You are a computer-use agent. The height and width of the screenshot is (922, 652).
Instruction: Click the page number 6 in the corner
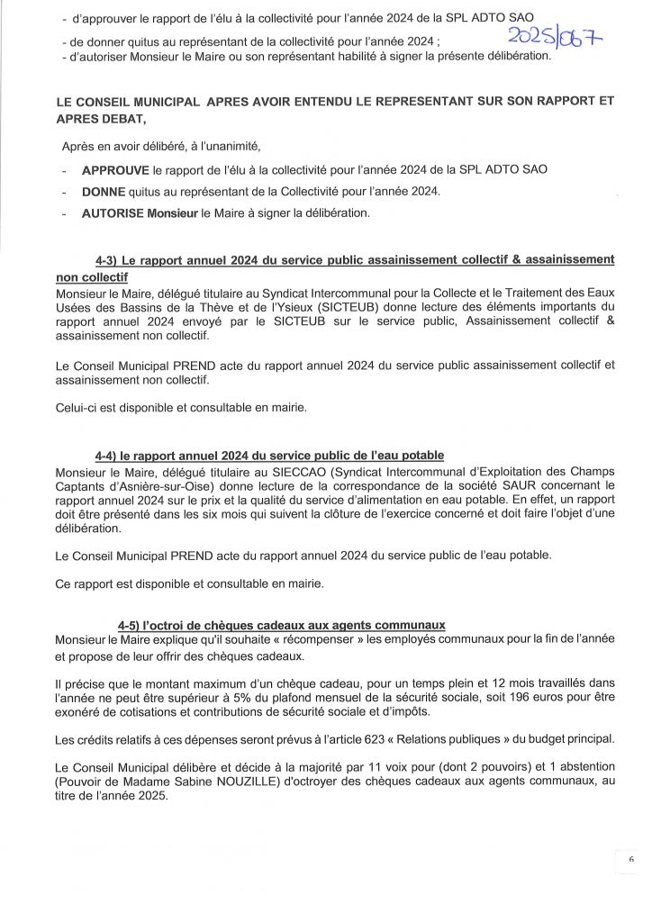[631, 860]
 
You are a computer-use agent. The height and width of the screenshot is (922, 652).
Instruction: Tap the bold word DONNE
[104, 192]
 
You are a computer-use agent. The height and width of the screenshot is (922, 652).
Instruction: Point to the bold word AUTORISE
[113, 213]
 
